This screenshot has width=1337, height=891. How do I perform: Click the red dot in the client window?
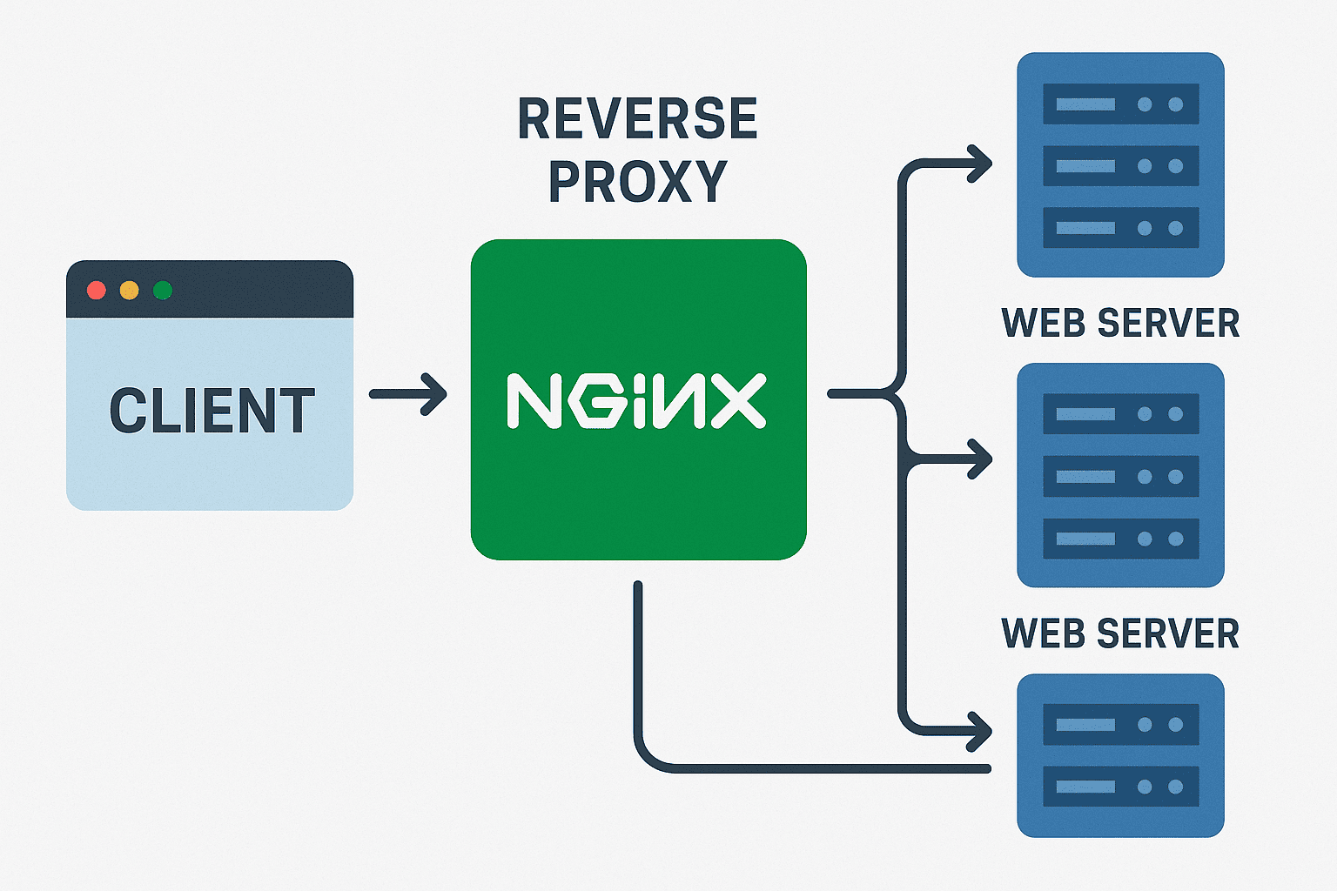click(x=97, y=290)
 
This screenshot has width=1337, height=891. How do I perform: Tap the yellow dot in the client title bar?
click(x=129, y=290)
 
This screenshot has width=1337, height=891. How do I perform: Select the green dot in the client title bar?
click(x=162, y=290)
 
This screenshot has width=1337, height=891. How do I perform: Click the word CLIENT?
click(x=212, y=411)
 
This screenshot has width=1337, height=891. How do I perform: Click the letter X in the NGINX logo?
click(x=738, y=401)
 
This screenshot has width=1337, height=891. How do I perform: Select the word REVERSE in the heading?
click(x=637, y=119)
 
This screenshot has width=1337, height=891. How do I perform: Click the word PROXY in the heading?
click(x=637, y=181)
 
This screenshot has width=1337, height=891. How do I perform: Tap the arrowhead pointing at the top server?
click(x=982, y=163)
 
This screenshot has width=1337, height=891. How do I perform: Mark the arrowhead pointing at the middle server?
click(x=982, y=459)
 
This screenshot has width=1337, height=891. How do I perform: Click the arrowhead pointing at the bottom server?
click(x=982, y=731)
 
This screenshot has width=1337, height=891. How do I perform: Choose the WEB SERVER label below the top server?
click(x=1120, y=323)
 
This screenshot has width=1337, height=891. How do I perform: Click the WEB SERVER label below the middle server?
click(x=1120, y=633)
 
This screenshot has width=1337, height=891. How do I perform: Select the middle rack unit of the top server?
click(x=1120, y=166)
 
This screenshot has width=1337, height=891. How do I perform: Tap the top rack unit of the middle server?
click(x=1120, y=414)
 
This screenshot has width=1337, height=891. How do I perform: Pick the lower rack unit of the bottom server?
click(x=1120, y=787)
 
